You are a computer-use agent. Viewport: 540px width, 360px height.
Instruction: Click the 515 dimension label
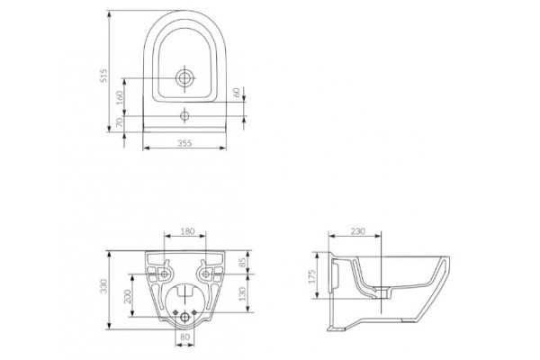click(x=103, y=76)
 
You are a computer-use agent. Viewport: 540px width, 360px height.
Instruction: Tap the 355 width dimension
click(x=184, y=142)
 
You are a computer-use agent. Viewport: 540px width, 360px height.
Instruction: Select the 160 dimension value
click(x=120, y=97)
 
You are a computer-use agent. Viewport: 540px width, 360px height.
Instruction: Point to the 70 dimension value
click(x=120, y=122)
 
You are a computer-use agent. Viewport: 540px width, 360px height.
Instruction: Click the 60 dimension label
click(x=236, y=93)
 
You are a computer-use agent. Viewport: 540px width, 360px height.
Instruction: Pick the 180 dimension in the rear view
click(x=188, y=231)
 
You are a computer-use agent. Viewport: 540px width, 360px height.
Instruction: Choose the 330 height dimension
click(x=103, y=286)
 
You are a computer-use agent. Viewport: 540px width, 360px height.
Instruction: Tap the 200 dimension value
click(x=128, y=296)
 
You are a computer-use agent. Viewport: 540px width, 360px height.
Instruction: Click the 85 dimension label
click(x=243, y=263)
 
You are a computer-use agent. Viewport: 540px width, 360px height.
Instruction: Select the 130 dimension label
click(x=243, y=294)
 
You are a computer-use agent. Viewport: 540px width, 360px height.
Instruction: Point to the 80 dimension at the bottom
click(x=184, y=337)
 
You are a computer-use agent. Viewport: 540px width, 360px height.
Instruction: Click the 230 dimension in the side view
click(x=358, y=231)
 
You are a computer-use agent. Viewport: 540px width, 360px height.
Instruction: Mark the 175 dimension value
click(x=312, y=276)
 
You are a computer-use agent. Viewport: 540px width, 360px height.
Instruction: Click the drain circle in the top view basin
click(x=184, y=78)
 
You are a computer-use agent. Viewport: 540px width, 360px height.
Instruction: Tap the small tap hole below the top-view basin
click(x=184, y=116)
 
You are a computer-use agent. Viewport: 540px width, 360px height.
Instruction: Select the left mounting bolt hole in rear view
click(x=165, y=274)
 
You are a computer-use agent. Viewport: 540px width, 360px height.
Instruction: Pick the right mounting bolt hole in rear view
click(x=205, y=274)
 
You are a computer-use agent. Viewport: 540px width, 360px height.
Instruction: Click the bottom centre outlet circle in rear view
click(x=184, y=318)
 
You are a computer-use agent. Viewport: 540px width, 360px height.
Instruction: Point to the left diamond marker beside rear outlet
click(x=175, y=312)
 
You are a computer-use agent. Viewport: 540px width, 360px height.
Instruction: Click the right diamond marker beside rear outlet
click(x=193, y=312)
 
